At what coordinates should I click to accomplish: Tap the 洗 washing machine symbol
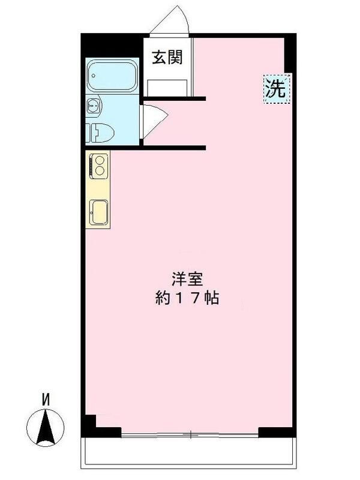[x=277, y=89]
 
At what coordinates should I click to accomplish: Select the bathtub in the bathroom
[x=112, y=76]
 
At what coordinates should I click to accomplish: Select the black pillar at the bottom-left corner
[x=89, y=426]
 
